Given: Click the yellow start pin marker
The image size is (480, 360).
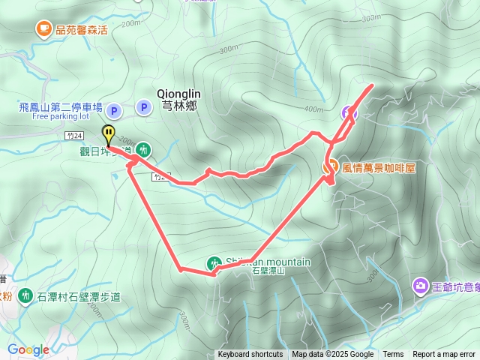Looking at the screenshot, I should pos(109,135).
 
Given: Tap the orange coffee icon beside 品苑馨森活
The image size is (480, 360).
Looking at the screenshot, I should pos(43,29).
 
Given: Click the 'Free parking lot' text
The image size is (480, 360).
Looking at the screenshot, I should pos(61,117).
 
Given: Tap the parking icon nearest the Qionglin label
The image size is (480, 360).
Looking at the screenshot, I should pos(142,109).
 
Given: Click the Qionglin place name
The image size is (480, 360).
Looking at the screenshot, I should pos(178,93).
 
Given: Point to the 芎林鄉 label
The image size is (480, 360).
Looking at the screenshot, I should pos(179,106).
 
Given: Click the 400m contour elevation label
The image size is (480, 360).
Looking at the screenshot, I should pos(313,110).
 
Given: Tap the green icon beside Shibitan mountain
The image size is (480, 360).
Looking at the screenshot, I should pos(214,262).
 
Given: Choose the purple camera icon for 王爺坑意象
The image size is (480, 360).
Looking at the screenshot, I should pos(419,286).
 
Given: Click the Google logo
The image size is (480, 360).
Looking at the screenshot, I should pos(28,349).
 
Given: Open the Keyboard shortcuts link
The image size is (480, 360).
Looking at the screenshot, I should pos(250,355).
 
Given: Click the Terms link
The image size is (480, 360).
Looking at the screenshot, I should pos(393,355).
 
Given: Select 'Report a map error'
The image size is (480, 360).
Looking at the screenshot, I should pos(445,355).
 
